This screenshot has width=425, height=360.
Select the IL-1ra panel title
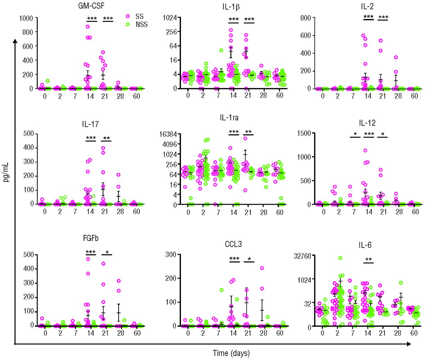pos(229,117)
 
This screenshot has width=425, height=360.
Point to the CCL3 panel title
pos(233,244)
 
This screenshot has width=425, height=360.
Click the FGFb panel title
pos(91,238)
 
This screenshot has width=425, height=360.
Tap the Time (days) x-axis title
pos(231,353)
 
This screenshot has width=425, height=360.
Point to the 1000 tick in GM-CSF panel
pos(26,18)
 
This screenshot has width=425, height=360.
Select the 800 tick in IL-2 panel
pos(305,18)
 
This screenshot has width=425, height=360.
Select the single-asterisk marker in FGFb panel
pos(107,253)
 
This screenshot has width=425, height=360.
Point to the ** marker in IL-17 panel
pos(106,138)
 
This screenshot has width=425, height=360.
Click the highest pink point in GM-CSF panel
pos(88,27)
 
